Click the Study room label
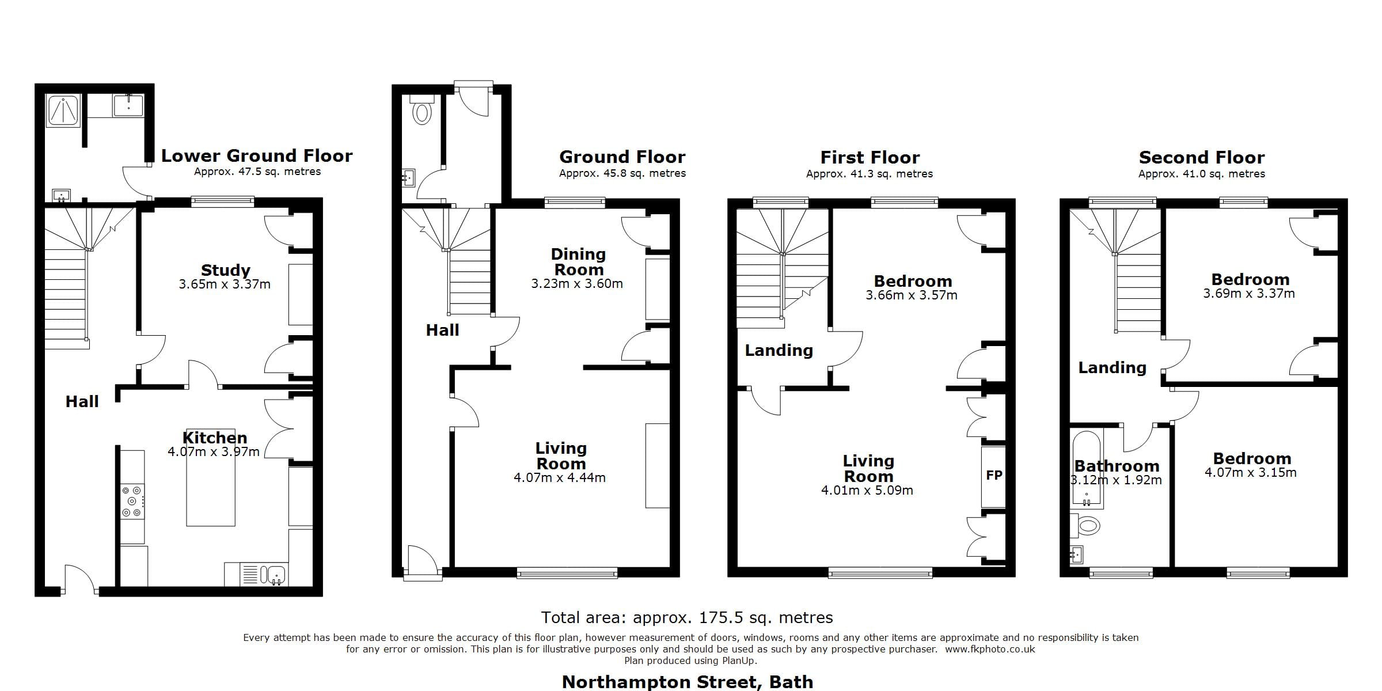[x=225, y=270]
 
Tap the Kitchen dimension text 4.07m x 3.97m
[x=214, y=452]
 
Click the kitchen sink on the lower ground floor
[x=276, y=574]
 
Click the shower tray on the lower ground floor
[x=63, y=111]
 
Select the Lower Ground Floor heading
[x=256, y=156]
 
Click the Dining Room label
[x=578, y=262]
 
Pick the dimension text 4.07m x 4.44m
[x=559, y=477]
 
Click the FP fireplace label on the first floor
[x=994, y=476]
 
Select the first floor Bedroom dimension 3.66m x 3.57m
[x=912, y=295]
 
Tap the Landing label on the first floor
[x=779, y=350]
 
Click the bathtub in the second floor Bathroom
[x=1087, y=469]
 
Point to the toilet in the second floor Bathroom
[x=1087, y=525]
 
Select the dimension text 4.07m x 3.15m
[x=1251, y=473]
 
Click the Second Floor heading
[x=1202, y=158]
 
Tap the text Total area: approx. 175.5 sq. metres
[x=687, y=618]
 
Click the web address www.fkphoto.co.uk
[x=990, y=650]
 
